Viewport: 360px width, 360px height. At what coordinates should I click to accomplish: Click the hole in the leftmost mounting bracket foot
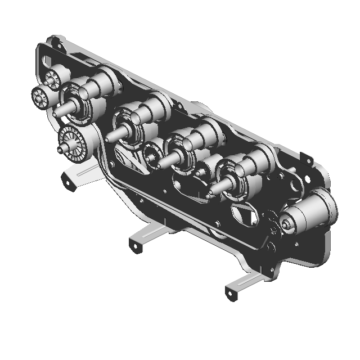pos(69,183)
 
